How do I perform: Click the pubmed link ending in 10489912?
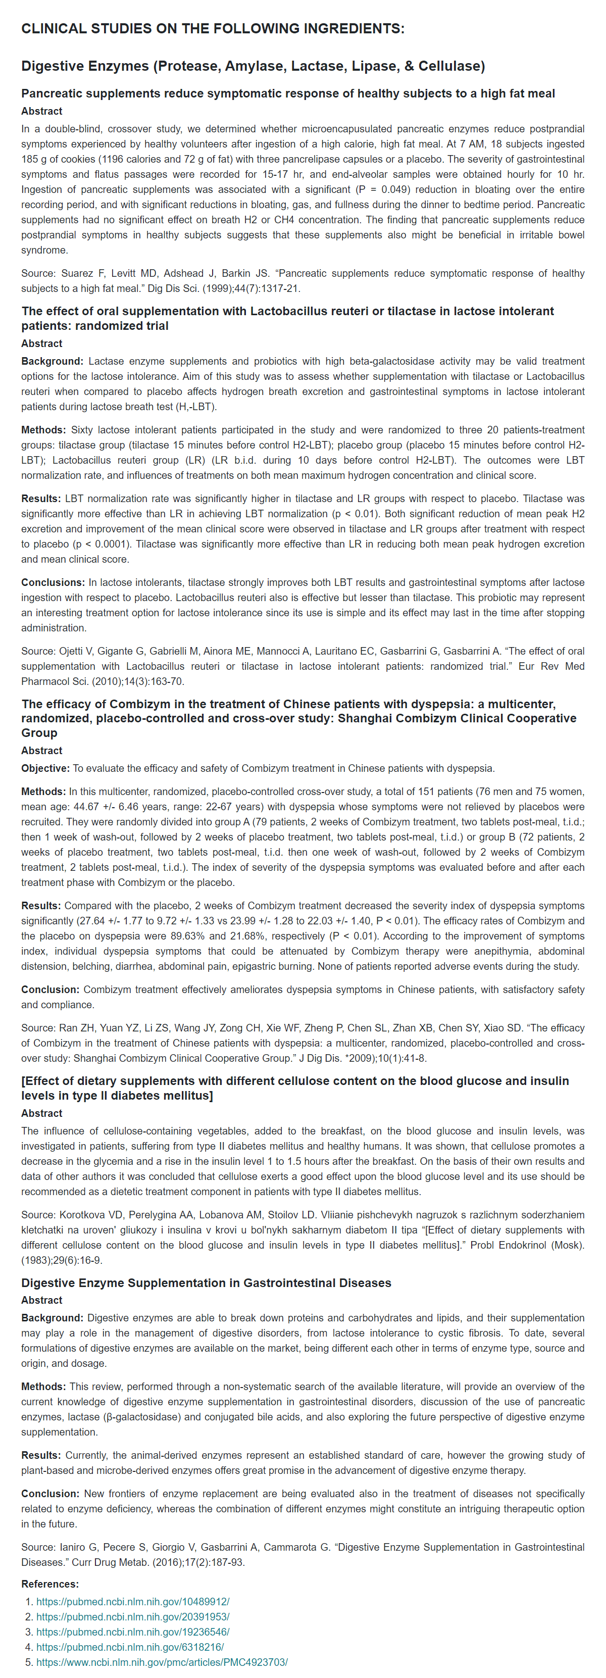133,1601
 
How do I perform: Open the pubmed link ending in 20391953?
133,1616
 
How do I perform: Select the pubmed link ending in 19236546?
133,1632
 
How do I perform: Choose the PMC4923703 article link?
162,1662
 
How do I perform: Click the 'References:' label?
49,1584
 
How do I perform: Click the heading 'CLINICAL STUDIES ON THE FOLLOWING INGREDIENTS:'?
213,29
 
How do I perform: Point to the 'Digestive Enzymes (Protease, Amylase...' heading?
252,66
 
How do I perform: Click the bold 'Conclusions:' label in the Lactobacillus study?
53,582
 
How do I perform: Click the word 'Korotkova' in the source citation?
84,1215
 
